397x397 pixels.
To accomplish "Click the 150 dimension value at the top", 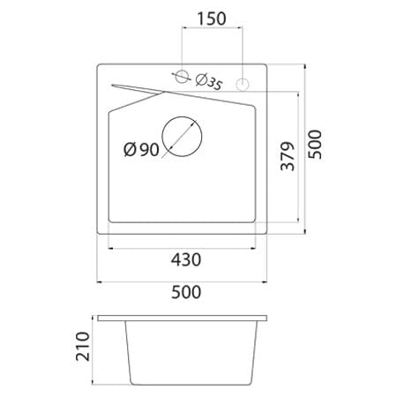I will pyautogui.click(x=212, y=19).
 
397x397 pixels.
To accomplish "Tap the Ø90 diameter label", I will pyautogui.click(x=141, y=150).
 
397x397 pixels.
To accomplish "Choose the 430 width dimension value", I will pyautogui.click(x=186, y=259).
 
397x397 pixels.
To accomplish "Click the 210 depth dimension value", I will pyautogui.click(x=85, y=348).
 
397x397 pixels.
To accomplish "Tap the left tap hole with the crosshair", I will pyautogui.click(x=182, y=79).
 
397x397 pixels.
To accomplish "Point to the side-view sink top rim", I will pyautogui.click(x=183, y=316).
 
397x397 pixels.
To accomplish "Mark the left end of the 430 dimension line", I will pyautogui.click(x=108, y=248).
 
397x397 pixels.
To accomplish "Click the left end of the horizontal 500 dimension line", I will pyautogui.click(x=97, y=281).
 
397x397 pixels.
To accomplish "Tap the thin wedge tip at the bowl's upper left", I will pyautogui.click(x=113, y=84).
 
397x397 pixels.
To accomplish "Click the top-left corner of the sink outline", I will pyautogui.click(x=98, y=64).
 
